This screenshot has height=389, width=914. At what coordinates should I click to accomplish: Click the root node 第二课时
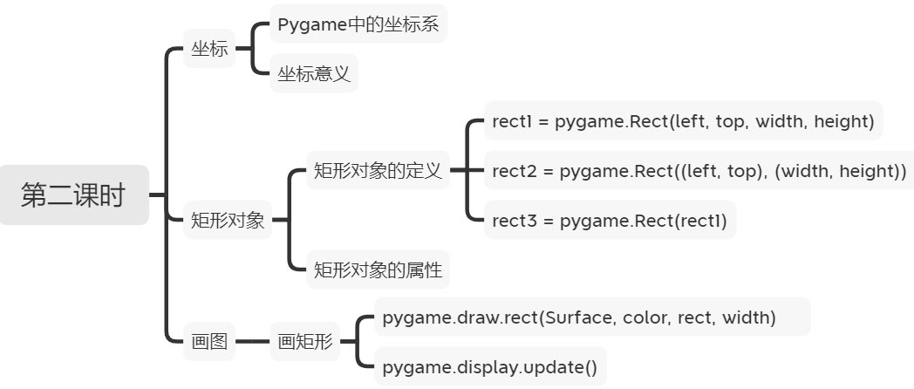click(73, 195)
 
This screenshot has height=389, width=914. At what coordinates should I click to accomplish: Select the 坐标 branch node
click(209, 49)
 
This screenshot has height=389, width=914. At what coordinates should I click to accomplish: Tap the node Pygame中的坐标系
click(358, 24)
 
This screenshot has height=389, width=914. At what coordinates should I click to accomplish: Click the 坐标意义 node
click(314, 74)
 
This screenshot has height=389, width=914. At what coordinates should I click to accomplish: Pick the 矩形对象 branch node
click(228, 220)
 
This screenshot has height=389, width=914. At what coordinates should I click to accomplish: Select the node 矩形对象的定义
click(379, 171)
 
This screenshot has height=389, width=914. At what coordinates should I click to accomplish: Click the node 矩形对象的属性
click(379, 270)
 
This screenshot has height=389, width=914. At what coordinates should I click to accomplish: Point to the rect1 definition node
click(683, 121)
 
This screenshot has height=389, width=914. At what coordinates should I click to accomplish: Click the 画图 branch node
click(209, 342)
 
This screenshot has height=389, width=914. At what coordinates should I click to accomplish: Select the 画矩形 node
click(305, 342)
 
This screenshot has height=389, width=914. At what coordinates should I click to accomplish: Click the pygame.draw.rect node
click(579, 317)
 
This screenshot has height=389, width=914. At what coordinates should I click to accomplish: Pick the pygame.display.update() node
click(490, 367)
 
